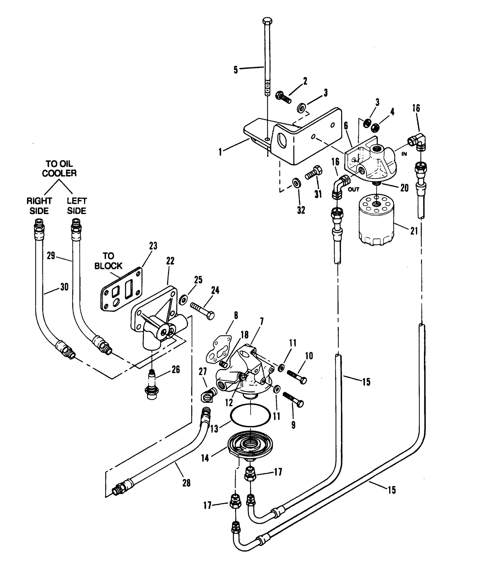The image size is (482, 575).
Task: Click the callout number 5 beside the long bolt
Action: click(235, 70)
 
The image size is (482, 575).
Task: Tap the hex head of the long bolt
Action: click(267, 22)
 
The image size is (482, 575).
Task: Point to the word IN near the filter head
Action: click(404, 154)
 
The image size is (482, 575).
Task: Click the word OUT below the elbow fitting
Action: click(353, 189)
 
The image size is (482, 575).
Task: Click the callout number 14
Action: click(205, 457)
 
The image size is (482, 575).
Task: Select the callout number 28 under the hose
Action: click(186, 491)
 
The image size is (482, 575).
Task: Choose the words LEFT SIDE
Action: click(77, 206)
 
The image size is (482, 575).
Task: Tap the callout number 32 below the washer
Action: click(301, 210)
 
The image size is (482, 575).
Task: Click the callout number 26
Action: click(176, 370)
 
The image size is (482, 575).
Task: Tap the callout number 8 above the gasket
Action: click(236, 315)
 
